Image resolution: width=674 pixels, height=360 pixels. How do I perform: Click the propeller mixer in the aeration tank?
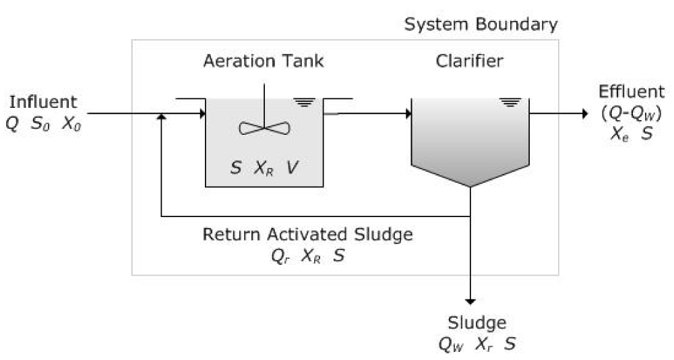[x=264, y=127]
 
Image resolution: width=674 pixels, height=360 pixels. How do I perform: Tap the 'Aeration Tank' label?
[x=264, y=61]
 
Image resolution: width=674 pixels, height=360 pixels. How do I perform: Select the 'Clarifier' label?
[x=470, y=61]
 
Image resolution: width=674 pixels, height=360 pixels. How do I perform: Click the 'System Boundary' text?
[x=481, y=26]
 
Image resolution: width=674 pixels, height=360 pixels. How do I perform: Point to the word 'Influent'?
[x=43, y=102]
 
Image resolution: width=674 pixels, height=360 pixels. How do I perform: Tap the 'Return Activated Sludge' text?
[x=308, y=235]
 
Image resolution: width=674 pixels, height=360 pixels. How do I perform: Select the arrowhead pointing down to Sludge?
[x=470, y=301]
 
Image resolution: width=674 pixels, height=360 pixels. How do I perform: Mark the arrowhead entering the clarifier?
[x=407, y=113]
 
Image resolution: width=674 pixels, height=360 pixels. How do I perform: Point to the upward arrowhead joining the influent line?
[x=160, y=117]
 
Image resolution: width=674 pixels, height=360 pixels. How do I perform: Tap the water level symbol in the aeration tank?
[x=305, y=102]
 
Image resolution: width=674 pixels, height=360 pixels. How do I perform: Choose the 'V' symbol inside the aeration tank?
[x=290, y=168]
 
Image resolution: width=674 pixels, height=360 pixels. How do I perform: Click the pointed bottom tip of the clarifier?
[x=470, y=187]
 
